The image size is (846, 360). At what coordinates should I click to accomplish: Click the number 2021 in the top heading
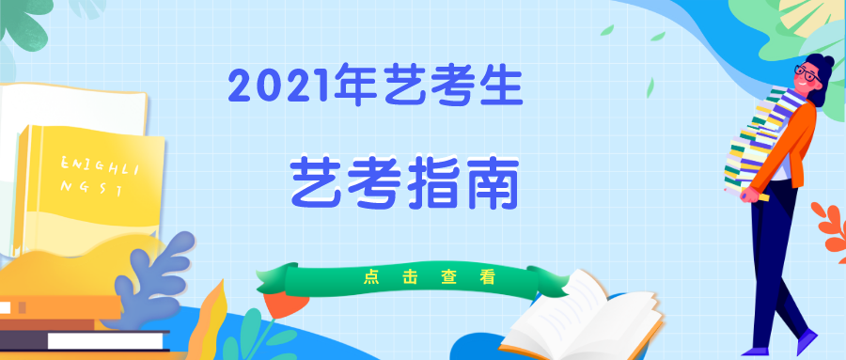(281, 88)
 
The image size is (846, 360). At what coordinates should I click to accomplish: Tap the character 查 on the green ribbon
(447, 277)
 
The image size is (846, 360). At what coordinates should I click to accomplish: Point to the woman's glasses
(806, 73)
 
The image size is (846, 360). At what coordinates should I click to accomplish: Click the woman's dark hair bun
(824, 65)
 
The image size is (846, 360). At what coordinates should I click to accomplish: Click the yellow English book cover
(90, 188)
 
